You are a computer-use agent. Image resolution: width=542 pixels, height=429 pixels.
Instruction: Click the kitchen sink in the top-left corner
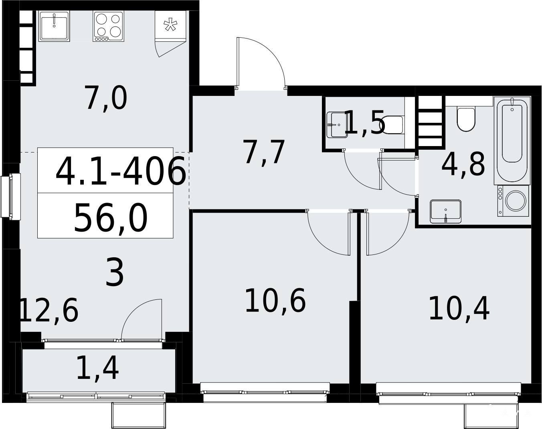(54, 26)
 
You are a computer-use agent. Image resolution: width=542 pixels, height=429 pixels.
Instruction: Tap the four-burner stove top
(108, 26)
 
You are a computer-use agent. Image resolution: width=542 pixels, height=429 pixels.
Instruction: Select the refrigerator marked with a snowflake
(170, 25)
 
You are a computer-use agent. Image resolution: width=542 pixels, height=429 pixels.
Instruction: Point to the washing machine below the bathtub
(513, 201)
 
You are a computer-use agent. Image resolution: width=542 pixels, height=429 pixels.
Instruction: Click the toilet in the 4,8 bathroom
(466, 119)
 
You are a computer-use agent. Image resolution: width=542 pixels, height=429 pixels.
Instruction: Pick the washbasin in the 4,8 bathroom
(446, 211)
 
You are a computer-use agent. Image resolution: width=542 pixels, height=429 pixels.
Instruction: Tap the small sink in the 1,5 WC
(337, 125)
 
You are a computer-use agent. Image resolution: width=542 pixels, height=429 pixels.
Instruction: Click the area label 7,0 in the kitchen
(106, 98)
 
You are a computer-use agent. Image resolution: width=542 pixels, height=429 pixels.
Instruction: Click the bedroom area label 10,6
(275, 301)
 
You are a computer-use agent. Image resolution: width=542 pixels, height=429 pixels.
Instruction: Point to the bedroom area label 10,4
(459, 309)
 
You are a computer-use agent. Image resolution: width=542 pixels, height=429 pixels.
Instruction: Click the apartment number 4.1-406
(121, 171)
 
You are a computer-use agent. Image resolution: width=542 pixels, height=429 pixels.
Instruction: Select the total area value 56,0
(110, 218)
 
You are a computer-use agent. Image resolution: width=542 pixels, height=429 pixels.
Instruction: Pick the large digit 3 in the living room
(115, 272)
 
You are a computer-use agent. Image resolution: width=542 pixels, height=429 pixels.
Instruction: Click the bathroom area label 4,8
(463, 164)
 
